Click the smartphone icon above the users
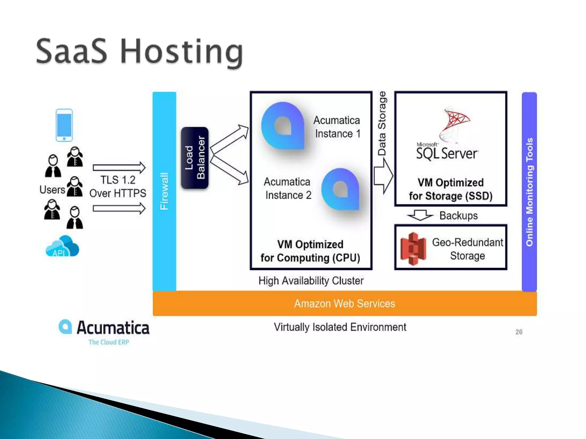(x=64, y=125)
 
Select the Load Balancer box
(x=195, y=158)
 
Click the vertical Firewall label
(x=164, y=191)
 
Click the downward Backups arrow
(x=420, y=215)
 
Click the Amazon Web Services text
(x=345, y=304)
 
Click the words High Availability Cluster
(x=311, y=281)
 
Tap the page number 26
(x=519, y=332)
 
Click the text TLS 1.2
(x=118, y=180)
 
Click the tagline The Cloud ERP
(x=109, y=342)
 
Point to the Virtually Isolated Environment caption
(x=340, y=327)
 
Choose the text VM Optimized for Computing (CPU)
(x=310, y=251)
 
